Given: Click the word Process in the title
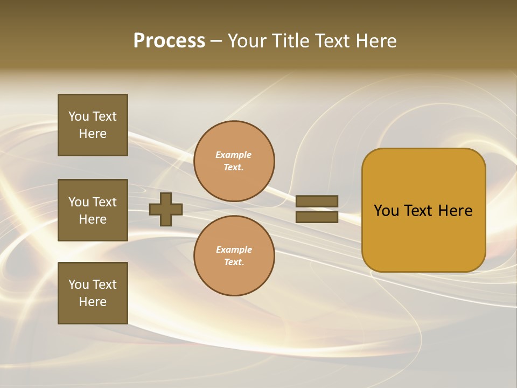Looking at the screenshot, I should click(x=169, y=41).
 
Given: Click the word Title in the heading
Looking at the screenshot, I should click(x=290, y=41).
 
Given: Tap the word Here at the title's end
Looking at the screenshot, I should click(x=374, y=41).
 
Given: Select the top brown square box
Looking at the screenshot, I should click(x=93, y=125).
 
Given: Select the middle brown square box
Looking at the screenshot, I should click(x=93, y=210).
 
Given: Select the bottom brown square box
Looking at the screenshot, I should click(x=93, y=293).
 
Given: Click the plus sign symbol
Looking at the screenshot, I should click(x=166, y=209).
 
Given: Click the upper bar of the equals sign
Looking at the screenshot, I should click(x=317, y=201).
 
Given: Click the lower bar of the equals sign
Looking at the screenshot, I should click(x=317, y=217).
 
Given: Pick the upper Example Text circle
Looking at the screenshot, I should click(x=234, y=161).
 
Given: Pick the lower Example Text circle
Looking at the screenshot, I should click(x=234, y=256).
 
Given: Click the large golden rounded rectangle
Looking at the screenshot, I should click(x=423, y=237).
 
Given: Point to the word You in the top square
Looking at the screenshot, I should click(x=79, y=116).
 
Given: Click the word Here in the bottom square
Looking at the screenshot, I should click(x=93, y=302).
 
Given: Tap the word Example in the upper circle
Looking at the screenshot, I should click(x=233, y=155).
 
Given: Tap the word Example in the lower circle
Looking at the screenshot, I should click(x=234, y=250).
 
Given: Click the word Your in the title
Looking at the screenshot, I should click(x=247, y=41).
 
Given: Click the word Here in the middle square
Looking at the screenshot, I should click(x=93, y=219).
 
